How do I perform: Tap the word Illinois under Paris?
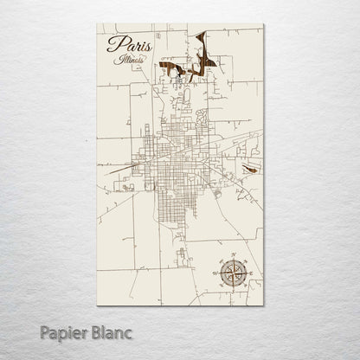tap(129, 59)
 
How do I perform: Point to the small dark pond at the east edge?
tap(250, 170)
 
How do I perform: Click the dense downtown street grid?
tap(173, 160)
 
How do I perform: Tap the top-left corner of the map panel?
tap(98, 23)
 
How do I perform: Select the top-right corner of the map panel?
tap(263, 23)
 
